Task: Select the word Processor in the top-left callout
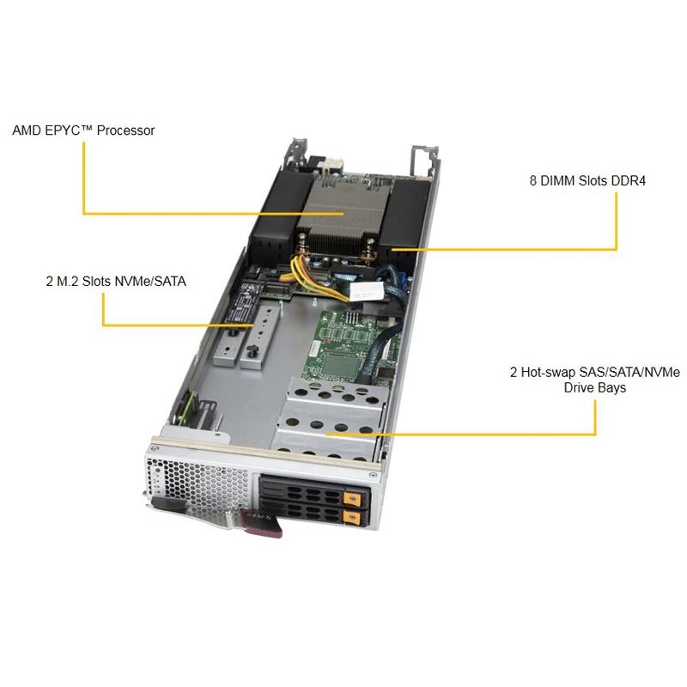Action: pyautogui.click(x=125, y=131)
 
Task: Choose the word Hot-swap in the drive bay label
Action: pyautogui.click(x=553, y=372)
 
